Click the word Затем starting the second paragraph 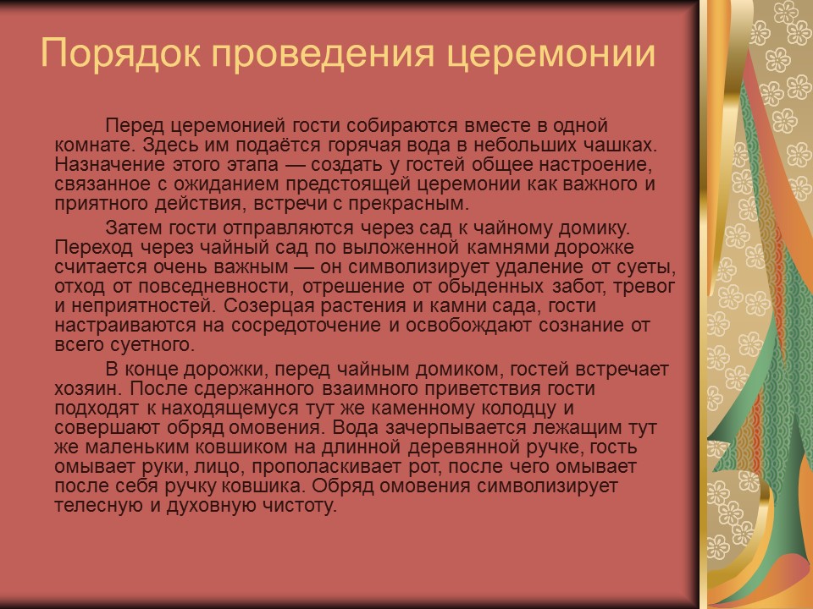[133, 227]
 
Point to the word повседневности [200, 287]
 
